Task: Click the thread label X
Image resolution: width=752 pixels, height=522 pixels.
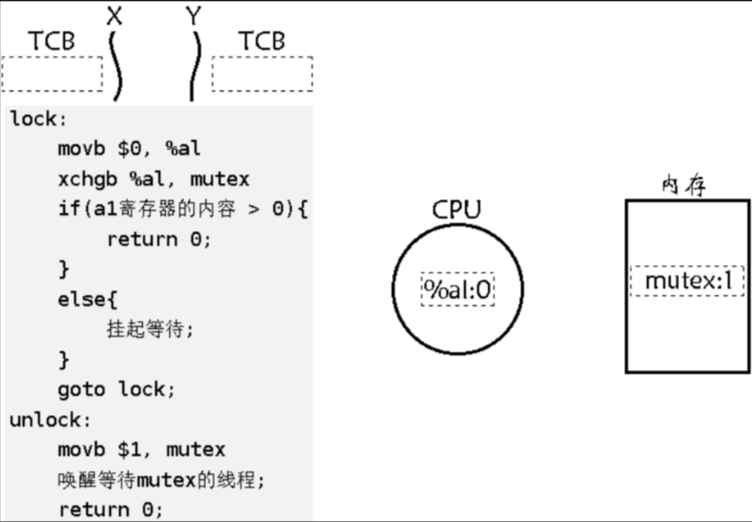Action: [x=115, y=16]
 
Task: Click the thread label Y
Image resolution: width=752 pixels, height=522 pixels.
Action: [x=194, y=16]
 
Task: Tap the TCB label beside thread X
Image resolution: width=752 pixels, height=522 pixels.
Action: [x=52, y=41]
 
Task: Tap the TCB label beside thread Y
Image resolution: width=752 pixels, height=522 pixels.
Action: [x=262, y=41]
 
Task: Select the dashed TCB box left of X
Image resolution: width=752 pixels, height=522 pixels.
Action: [x=52, y=74]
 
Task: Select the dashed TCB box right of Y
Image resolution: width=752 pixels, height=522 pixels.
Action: [x=262, y=74]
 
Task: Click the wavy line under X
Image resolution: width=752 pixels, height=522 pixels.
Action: [x=115, y=66]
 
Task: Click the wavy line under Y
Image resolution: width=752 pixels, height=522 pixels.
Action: [x=195, y=66]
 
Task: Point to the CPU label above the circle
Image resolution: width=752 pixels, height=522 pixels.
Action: [x=456, y=210]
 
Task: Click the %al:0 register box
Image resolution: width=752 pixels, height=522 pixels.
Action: [x=457, y=289]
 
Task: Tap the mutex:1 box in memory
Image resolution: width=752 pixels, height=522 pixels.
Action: [x=688, y=282]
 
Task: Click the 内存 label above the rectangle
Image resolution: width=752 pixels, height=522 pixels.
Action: [x=684, y=185]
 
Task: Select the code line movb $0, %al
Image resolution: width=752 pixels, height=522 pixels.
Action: [x=129, y=148]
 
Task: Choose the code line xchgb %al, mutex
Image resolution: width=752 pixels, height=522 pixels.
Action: [x=154, y=179]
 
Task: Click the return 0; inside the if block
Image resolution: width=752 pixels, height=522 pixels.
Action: [x=160, y=238]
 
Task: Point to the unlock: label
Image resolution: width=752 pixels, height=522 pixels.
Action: [x=50, y=420]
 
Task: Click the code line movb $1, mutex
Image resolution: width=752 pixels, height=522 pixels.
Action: [x=141, y=450]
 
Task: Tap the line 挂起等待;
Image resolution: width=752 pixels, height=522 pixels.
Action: [x=149, y=329]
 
